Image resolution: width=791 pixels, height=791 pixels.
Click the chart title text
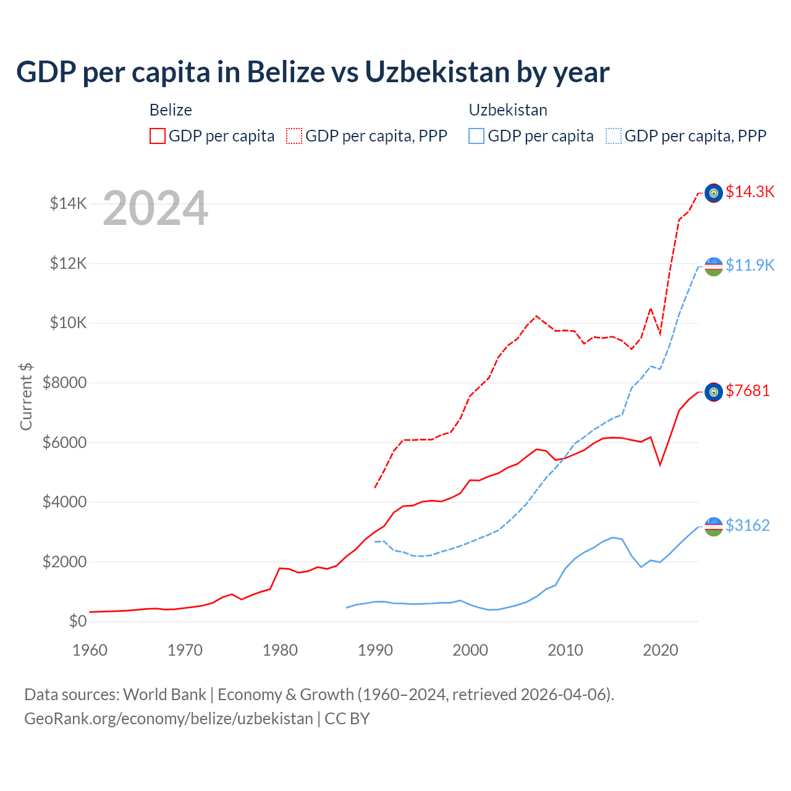point(313,72)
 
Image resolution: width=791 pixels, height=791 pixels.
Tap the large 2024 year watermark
point(155,208)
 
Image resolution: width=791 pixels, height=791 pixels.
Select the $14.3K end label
point(750,192)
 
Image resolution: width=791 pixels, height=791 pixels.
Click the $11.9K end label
point(750,265)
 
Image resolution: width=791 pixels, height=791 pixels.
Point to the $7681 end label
point(748,391)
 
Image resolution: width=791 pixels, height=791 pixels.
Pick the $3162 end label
point(748,525)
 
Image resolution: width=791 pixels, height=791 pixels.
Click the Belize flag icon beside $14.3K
point(714,193)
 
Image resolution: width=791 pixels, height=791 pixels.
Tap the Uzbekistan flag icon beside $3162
point(714,527)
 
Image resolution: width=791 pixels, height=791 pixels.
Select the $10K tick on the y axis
point(68,323)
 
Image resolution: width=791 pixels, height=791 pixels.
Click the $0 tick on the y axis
point(77,621)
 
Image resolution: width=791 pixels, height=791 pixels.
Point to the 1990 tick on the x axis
point(375,650)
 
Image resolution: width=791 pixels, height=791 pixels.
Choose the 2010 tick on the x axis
point(565,650)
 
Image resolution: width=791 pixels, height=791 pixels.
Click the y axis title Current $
point(26,396)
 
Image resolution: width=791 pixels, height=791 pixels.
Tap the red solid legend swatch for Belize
point(158,136)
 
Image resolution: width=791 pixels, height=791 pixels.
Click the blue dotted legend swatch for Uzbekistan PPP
point(614,136)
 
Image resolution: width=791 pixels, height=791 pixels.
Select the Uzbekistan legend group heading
point(508,110)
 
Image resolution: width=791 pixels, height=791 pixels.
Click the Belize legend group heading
point(171,110)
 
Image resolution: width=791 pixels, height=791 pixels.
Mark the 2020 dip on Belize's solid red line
point(660,464)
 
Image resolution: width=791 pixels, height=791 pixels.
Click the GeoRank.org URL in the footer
point(169,719)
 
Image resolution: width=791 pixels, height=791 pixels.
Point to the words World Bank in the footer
point(164,695)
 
